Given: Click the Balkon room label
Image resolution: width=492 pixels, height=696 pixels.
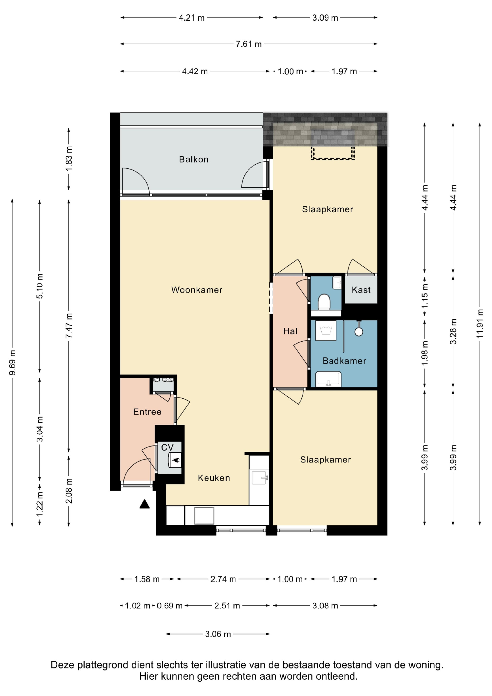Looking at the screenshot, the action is (x=194, y=159).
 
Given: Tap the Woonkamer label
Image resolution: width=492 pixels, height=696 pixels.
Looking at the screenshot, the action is (x=197, y=290).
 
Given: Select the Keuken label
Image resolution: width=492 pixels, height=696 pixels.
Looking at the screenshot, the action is (x=214, y=478).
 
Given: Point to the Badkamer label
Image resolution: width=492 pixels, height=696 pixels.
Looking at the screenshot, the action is (x=344, y=361).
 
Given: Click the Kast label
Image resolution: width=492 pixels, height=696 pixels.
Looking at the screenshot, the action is (x=361, y=290).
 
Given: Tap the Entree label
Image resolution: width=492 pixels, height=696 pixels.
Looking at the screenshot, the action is (x=147, y=412).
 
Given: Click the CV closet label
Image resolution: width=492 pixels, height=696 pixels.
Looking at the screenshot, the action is (x=167, y=448).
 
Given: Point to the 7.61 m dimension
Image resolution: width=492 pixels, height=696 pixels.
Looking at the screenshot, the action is (x=248, y=44).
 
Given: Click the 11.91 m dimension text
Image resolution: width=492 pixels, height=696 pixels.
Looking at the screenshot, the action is (x=479, y=324).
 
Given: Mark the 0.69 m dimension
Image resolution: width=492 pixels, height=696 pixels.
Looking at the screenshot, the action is (x=169, y=606).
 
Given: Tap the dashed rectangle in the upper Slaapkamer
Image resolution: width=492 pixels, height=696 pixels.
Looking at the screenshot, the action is (x=333, y=153).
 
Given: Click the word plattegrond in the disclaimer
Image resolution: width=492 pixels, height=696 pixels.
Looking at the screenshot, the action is (x=103, y=665).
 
